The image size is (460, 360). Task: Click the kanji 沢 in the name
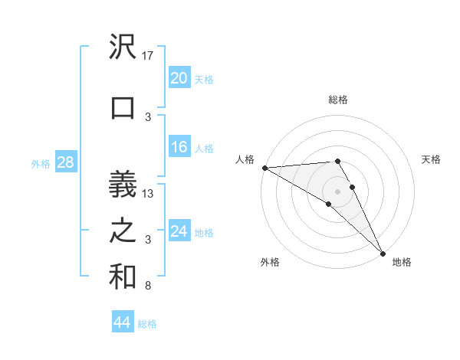123,47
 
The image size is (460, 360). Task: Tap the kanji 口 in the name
123,107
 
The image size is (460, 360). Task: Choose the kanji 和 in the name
123,277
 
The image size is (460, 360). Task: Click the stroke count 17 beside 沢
149,56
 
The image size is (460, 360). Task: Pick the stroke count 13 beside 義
149,194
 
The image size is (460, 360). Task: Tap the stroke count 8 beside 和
148,286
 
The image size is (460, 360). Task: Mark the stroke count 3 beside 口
148,117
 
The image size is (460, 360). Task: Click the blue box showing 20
179,78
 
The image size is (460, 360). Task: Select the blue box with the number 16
179,148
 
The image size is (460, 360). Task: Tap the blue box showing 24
179,231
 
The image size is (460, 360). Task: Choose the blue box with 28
64,162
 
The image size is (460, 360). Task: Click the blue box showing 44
122,322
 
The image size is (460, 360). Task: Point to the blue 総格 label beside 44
147,324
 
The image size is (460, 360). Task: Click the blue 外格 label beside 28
41,164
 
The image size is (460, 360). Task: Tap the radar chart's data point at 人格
264,168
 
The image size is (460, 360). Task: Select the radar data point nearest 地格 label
383,253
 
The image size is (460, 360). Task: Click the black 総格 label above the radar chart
337,100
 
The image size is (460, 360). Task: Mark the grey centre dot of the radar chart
338,191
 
